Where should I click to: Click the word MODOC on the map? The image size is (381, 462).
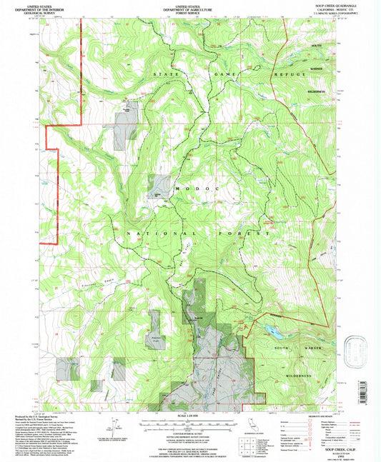[189, 187]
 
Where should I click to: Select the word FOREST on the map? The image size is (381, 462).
[197, 233]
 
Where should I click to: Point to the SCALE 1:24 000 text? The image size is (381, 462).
[190, 416]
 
